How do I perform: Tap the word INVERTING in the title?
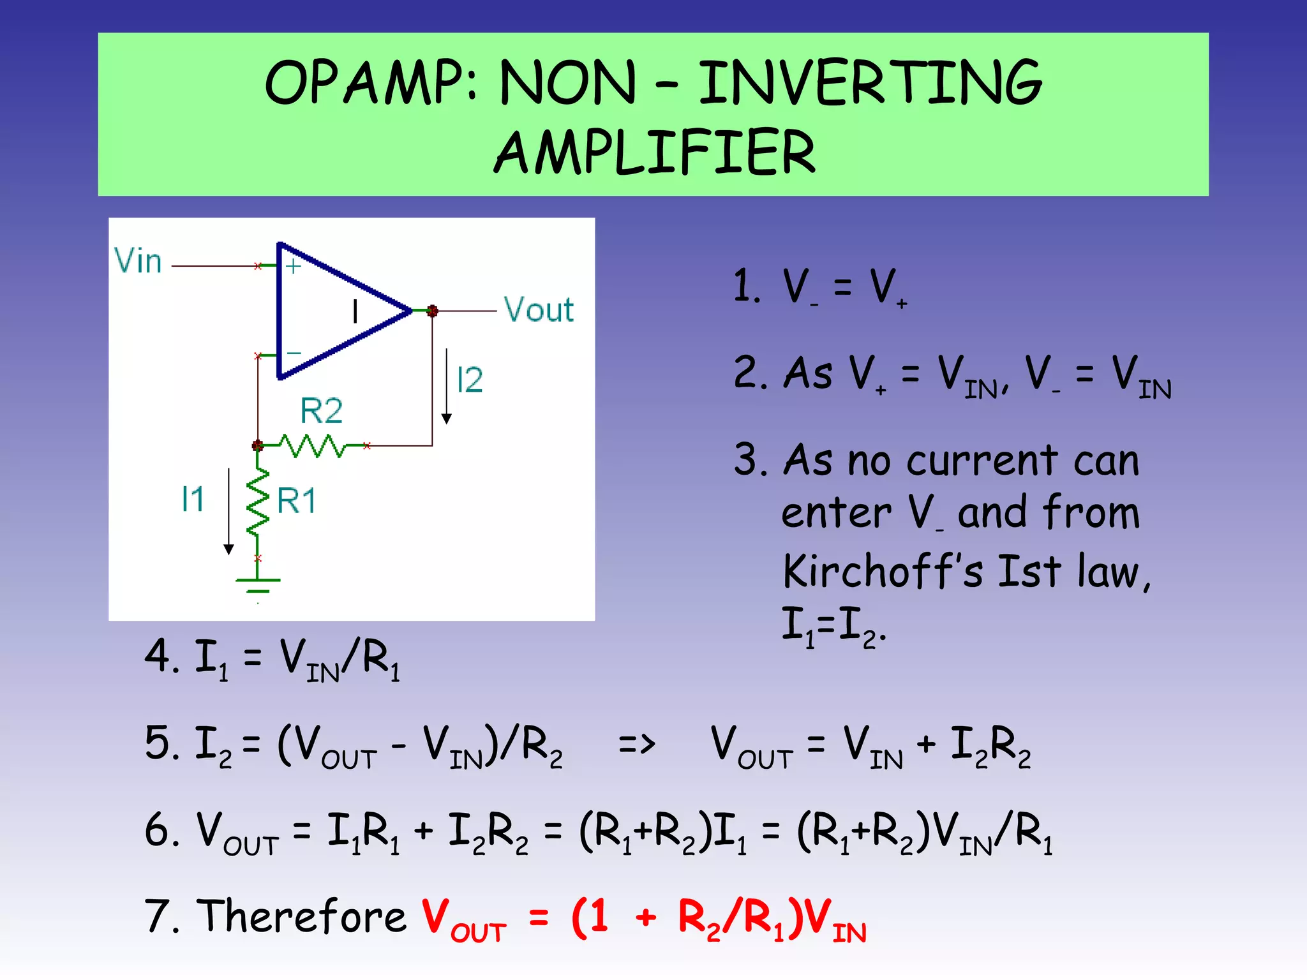[x=870, y=83]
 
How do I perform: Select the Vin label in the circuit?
[x=138, y=261]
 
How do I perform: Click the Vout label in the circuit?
[x=539, y=310]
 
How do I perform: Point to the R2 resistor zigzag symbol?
[x=313, y=445]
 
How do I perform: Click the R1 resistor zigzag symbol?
[x=258, y=501]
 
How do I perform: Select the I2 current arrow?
[x=447, y=386]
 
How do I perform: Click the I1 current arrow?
[x=228, y=510]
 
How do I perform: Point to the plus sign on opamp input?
[x=293, y=266]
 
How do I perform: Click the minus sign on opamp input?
[x=294, y=353]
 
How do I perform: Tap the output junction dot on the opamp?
[x=432, y=311]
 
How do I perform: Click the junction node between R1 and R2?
[x=258, y=445]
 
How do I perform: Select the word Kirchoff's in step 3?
[x=883, y=571]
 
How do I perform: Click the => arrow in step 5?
[x=636, y=744]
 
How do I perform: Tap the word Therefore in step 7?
[x=301, y=916]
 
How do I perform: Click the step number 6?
[x=157, y=830]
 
